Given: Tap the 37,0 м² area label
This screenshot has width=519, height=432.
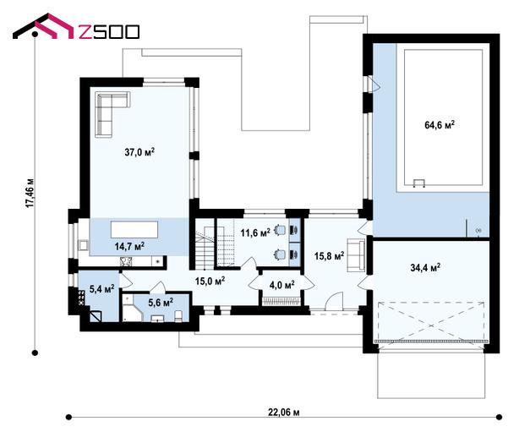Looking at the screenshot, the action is [139, 152].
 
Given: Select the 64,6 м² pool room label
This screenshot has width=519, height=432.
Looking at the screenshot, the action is [440, 125].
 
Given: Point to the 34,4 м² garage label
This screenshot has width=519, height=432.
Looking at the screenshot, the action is [425, 267].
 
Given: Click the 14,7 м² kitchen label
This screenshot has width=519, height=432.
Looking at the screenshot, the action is [129, 246].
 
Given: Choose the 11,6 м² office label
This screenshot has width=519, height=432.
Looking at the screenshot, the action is [255, 232].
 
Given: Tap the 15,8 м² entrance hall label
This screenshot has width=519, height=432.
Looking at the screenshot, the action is [329, 255].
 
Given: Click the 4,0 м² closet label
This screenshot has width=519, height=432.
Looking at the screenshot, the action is [282, 284].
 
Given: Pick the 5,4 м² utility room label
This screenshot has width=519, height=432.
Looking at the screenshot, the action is [102, 288].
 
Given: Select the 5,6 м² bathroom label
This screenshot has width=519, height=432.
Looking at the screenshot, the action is [161, 302].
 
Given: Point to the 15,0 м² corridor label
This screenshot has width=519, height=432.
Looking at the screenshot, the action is [210, 281].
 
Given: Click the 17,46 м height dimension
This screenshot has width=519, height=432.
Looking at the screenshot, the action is [30, 194].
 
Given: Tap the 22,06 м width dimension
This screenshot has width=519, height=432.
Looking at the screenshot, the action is [284, 413].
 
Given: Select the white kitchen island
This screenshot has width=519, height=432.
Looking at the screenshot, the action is [134, 229].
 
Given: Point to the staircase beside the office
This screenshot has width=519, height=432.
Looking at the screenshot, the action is [205, 248].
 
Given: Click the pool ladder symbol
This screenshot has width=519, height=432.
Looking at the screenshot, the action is [419, 183].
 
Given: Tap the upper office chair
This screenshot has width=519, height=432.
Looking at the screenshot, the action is [281, 229].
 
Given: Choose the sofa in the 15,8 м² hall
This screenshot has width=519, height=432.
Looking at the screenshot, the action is [356, 255].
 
